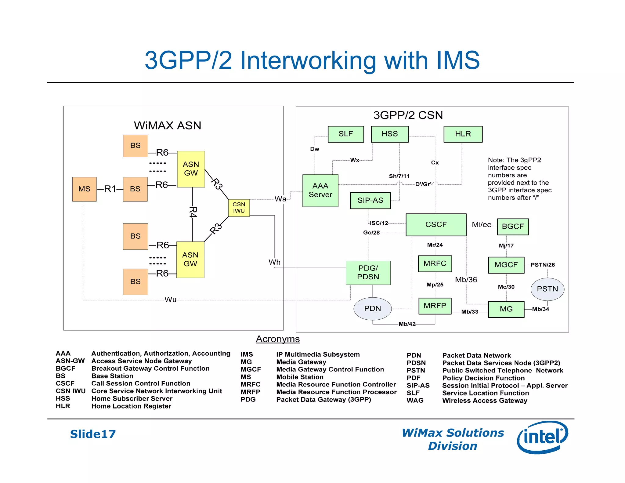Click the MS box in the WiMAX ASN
tap(84, 189)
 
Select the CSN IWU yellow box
tap(239, 208)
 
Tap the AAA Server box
tap(320, 191)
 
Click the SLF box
tap(346, 134)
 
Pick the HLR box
tap(463, 134)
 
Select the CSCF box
tap(436, 225)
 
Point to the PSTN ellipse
tap(547, 289)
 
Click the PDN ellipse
tap(372, 308)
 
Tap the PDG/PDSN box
tap(368, 273)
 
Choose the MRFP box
tap(435, 306)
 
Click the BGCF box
tap(513, 227)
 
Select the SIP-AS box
tap(370, 201)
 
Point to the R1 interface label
tap(110, 189)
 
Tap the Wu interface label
tap(170, 300)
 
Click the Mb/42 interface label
tap(407, 324)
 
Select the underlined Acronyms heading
tap(278, 339)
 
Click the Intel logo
tap(542, 437)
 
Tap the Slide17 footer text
tap(93, 434)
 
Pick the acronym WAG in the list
tap(415, 401)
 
